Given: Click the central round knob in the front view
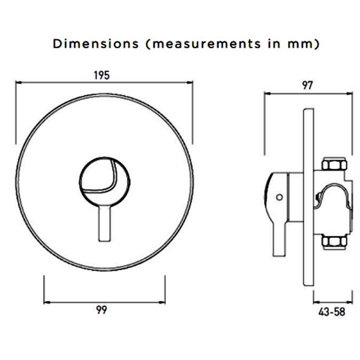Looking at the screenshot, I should coord(104,180).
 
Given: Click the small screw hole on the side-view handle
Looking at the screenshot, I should coord(280,197).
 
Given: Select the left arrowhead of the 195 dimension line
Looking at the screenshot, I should coord(18,82).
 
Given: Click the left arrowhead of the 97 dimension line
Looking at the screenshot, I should coord(266,93).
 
